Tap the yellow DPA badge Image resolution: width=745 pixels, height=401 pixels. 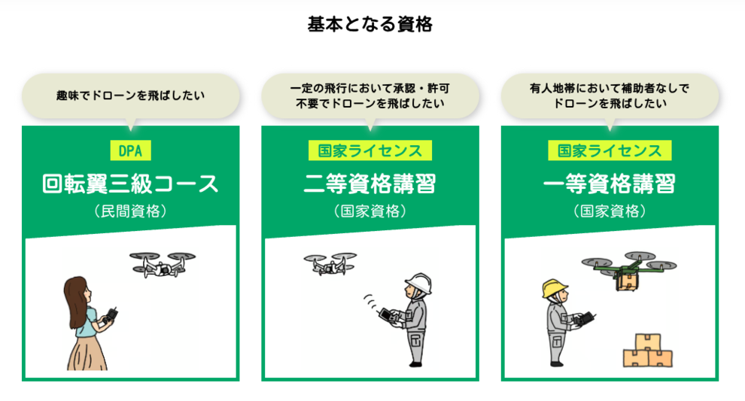click(130, 150)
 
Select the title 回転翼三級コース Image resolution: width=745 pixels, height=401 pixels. click(130, 184)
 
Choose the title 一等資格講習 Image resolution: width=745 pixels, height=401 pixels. click(609, 184)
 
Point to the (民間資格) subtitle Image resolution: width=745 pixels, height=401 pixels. click(130, 211)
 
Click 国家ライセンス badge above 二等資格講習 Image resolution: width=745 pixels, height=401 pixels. click(369, 150)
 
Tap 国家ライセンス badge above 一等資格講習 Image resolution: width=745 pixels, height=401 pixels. click(609, 150)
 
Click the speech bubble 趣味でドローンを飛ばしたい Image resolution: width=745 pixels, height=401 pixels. click(130, 96)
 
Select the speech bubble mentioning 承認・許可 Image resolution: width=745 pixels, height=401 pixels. click(369, 96)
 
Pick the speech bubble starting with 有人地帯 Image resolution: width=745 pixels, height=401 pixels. click(609, 96)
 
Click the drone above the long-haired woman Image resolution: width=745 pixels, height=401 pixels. click(161, 263)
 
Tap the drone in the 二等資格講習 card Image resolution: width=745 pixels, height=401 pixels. click(330, 263)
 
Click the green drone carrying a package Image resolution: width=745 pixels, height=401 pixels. click(628, 269)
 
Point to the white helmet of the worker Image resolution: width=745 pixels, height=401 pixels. click(418, 284)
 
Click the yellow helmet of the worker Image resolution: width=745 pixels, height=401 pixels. click(553, 288)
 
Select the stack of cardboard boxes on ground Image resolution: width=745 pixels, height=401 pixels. click(646, 350)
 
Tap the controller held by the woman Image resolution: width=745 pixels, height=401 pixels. click(113, 314)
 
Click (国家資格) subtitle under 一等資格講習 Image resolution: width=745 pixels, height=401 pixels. click(609, 211)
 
